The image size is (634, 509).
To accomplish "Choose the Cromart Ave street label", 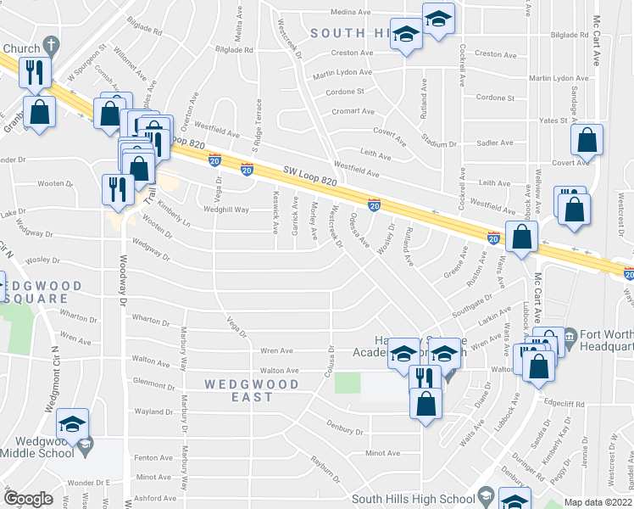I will point(353,111).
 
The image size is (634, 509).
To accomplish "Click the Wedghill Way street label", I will point(225,210).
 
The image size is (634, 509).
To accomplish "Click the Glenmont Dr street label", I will point(153,385).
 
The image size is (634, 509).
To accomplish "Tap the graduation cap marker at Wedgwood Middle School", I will point(75,423).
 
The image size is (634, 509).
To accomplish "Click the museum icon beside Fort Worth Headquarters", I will point(570,337).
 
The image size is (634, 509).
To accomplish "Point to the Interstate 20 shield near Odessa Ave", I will point(373,205).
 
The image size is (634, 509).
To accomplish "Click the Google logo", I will point(29,499).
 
